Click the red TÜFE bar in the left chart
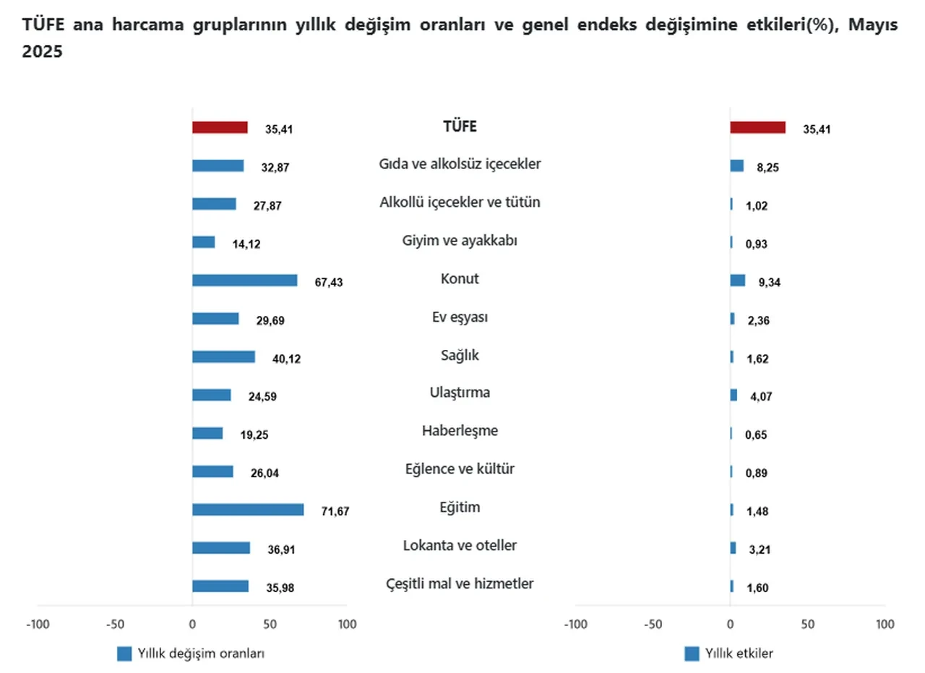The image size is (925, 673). click(220, 127)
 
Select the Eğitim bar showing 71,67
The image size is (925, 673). click(248, 510)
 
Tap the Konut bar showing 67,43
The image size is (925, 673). click(244, 280)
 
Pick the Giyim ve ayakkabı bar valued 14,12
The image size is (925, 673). click(203, 242)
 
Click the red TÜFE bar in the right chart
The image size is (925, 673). click(757, 127)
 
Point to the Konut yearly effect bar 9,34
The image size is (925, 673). click(737, 280)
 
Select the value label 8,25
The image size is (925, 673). click(767, 167)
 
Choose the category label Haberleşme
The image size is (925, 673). click(460, 431)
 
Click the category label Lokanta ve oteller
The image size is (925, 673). click(460, 545)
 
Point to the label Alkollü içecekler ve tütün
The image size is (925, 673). click(460, 202)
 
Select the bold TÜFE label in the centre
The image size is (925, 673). click(460, 127)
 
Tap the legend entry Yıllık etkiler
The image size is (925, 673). click(737, 653)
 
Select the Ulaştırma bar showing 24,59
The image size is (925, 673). click(211, 395)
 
